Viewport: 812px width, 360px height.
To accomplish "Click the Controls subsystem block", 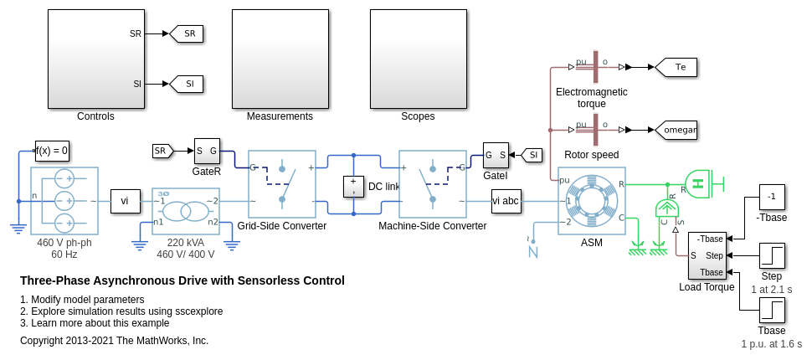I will tap(95, 59).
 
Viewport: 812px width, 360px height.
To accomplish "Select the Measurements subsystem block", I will tap(280, 59).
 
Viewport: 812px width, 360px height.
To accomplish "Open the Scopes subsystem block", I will tap(418, 59).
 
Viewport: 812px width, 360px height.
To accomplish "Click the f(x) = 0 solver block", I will tap(52, 151).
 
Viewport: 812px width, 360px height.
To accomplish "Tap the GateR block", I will tap(207, 152).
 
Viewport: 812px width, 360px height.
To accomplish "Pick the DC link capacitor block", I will tap(354, 186).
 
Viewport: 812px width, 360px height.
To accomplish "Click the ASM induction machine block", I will tap(592, 201).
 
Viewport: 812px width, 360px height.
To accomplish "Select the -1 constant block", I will tap(772, 197).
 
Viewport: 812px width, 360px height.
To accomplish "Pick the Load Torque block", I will tap(707, 255).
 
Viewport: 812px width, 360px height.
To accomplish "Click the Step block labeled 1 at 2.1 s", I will tap(772, 255).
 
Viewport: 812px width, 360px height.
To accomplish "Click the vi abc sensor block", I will tap(506, 201).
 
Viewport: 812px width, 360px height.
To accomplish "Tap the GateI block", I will tap(496, 155).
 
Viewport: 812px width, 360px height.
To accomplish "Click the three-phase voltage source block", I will tap(64, 201).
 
